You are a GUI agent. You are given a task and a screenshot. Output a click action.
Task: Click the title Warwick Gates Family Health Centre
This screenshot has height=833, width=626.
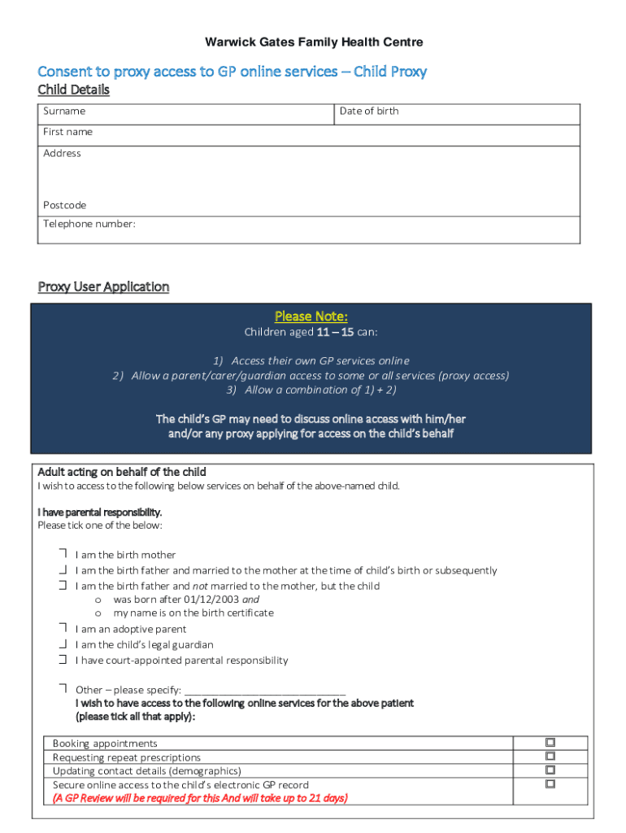tap(313, 42)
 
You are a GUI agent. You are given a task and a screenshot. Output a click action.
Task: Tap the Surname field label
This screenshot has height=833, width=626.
tap(64, 111)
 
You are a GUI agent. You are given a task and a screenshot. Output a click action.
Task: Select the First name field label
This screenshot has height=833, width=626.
tap(68, 132)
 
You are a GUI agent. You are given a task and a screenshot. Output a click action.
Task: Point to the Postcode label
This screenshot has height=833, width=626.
tap(65, 205)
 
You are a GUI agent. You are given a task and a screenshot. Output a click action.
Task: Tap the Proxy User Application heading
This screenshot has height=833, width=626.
tap(103, 287)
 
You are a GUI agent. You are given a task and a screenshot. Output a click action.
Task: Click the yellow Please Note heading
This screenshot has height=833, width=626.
tap(311, 316)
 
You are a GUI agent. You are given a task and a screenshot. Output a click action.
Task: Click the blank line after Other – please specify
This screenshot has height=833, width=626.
tap(265, 690)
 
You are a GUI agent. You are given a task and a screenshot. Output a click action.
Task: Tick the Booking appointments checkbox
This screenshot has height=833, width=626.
tap(550, 743)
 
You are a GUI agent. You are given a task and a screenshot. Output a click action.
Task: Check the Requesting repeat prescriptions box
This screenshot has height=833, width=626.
tap(550, 757)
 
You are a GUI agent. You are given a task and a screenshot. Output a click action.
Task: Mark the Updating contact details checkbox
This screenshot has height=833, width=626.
tap(550, 770)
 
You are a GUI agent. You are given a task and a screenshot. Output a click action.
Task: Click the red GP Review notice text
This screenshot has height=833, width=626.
tap(200, 798)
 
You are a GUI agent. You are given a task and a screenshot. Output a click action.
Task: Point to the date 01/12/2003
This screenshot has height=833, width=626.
tap(214, 600)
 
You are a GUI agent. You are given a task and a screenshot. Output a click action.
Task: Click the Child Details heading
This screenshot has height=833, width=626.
tap(74, 90)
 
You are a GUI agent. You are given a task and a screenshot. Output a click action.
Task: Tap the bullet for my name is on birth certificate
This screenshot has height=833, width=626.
tap(98, 613)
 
